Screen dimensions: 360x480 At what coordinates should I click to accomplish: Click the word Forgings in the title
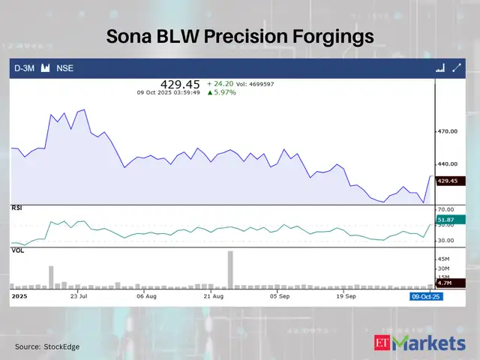tap(330, 36)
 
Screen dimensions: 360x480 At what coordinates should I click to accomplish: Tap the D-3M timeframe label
tap(25, 68)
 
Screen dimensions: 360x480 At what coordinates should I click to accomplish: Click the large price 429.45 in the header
tap(180, 85)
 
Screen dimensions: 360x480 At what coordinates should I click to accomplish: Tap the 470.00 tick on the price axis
tap(448, 131)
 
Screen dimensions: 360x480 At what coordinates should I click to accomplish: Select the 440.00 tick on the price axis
tap(448, 164)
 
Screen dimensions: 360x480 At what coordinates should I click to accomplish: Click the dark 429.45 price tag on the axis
tap(448, 181)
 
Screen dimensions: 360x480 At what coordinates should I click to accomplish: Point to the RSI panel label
tap(16, 207)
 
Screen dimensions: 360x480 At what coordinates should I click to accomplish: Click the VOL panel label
tap(16, 251)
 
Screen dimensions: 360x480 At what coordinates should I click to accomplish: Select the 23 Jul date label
tap(79, 297)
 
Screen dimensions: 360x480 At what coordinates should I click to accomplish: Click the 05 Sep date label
tap(279, 297)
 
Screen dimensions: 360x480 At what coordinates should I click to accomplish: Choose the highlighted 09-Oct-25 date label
tap(426, 297)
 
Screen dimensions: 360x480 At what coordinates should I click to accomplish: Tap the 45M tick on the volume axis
tap(444, 259)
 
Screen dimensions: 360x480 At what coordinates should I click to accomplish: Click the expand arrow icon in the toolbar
tap(456, 68)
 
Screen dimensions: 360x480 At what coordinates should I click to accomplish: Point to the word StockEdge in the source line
tap(61, 346)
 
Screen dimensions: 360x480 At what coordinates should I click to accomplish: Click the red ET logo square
tap(382, 343)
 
